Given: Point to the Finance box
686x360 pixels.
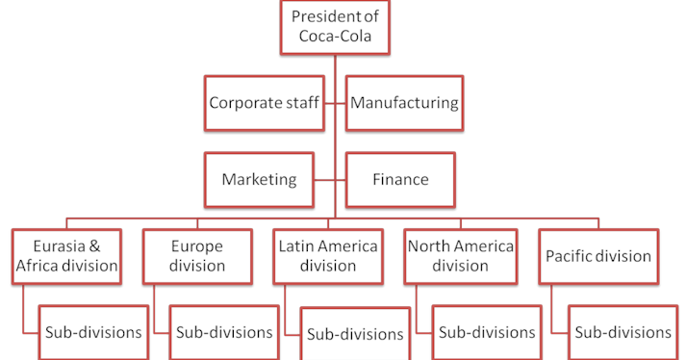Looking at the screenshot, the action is pyautogui.click(x=400, y=180).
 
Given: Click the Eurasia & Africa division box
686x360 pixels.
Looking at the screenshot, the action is pyautogui.click(x=67, y=256).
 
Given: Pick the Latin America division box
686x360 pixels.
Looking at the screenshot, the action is pyautogui.click(x=327, y=256).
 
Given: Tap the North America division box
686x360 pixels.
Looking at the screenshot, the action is pyautogui.click(x=460, y=256).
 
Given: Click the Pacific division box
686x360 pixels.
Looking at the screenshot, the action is pyautogui.click(x=598, y=256).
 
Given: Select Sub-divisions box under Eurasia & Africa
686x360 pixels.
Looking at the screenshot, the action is pyautogui.click(x=93, y=333).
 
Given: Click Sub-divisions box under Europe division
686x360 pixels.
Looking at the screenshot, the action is pyautogui.click(x=223, y=333).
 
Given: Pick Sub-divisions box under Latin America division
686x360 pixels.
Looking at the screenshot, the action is pyautogui.click(x=355, y=335).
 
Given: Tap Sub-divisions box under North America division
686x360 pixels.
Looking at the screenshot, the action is pyautogui.click(x=486, y=333).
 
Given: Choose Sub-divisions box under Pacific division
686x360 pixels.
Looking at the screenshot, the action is pyautogui.click(x=622, y=333).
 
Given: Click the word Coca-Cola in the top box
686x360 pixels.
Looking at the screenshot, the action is pyautogui.click(x=334, y=39).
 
